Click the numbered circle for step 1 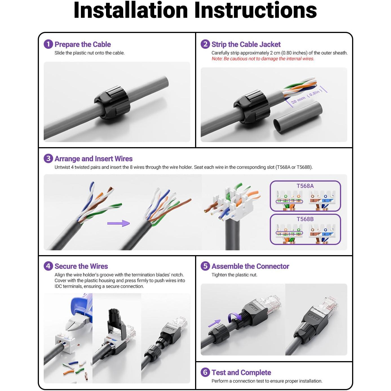48,44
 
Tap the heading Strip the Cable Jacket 246,44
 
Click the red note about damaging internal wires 263,59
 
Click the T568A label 305,186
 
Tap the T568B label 305,219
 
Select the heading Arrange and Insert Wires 93,159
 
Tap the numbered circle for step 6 205,372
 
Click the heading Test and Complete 241,372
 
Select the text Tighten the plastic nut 234,275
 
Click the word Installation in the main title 131,10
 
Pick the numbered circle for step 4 48,266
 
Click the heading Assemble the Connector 250,266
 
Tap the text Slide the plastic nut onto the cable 89,53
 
